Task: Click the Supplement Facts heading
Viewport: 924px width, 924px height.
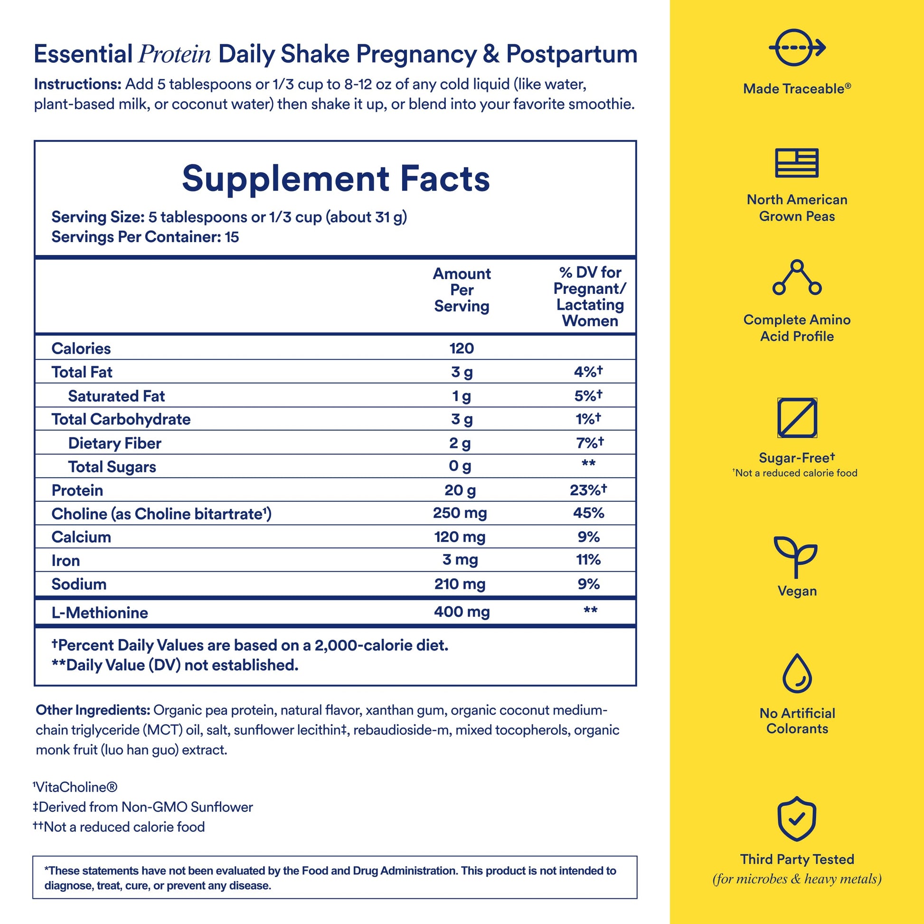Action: [336, 179]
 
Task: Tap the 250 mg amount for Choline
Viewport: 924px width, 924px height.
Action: [460, 513]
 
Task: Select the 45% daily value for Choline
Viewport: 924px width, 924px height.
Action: [588, 513]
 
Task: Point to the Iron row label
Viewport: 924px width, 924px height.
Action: [66, 560]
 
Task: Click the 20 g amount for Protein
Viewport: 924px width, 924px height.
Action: [460, 490]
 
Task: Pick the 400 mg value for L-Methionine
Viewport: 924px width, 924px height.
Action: [462, 612]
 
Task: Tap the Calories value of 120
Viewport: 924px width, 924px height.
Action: [462, 348]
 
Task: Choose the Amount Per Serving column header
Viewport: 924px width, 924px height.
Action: [462, 290]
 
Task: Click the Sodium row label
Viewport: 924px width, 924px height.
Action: [79, 584]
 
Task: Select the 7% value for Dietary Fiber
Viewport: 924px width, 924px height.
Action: [589, 443]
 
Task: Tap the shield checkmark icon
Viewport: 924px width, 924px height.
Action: [796, 819]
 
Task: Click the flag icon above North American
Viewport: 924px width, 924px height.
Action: [796, 163]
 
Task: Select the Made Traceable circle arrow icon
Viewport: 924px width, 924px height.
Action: [796, 47]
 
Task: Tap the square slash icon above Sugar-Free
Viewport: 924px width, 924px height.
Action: [797, 417]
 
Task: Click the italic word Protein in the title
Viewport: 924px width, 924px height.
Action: [175, 55]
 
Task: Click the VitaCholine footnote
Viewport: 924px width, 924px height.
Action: [75, 787]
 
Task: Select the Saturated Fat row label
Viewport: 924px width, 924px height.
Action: [116, 396]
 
